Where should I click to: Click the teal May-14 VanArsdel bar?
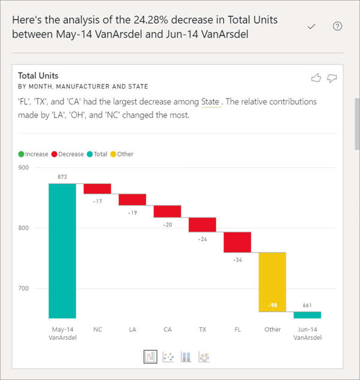point(62,251)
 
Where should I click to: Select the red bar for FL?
point(237,242)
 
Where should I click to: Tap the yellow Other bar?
point(272,282)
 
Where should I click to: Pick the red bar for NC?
point(97,189)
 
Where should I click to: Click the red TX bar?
point(202,224)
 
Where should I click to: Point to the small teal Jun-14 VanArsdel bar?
point(307,315)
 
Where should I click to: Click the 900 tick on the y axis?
point(23,168)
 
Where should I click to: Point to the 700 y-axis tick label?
point(23,289)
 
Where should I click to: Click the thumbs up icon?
point(316,77)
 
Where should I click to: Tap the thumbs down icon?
point(332,78)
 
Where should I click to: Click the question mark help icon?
point(337,26)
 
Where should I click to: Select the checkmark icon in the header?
point(311,26)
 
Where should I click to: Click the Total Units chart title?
point(39,76)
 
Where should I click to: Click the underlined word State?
point(210,102)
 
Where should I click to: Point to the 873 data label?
point(62,177)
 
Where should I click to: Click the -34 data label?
point(237,260)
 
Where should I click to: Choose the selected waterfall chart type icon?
point(150,357)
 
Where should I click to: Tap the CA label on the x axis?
point(167,329)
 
